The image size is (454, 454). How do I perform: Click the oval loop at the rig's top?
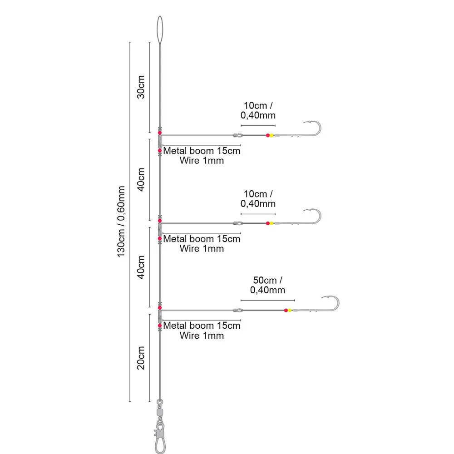click(x=160, y=29)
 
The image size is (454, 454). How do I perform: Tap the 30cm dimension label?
click(x=141, y=87)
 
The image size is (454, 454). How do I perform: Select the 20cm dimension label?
click(x=141, y=358)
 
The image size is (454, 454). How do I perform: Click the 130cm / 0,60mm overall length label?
click(x=121, y=221)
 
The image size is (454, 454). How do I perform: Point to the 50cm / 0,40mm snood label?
click(x=268, y=285)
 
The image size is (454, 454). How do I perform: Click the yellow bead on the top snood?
click(x=271, y=135)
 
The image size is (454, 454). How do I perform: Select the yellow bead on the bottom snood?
click(x=290, y=311)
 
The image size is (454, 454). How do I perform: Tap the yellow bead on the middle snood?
click(x=271, y=223)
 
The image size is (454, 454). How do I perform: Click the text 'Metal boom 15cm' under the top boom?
click(x=202, y=151)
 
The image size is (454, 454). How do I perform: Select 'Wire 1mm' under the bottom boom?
click(x=202, y=336)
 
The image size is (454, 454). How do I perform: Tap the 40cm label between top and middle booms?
click(x=141, y=179)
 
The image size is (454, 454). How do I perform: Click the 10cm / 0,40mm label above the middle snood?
click(x=258, y=198)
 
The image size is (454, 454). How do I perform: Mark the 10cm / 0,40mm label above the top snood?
click(x=258, y=110)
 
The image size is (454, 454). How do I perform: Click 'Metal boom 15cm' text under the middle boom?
click(x=202, y=239)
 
